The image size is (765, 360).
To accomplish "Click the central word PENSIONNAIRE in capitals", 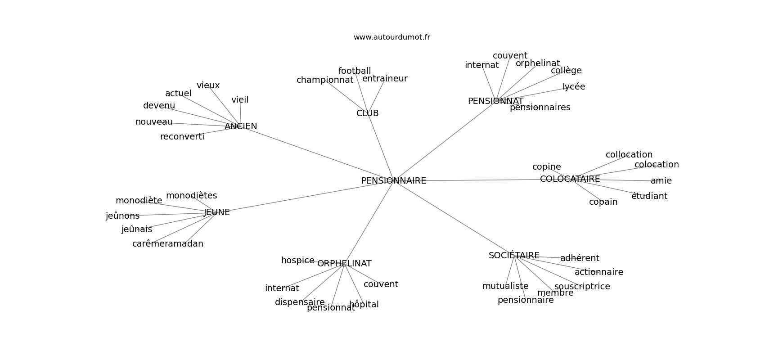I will click(x=393, y=181).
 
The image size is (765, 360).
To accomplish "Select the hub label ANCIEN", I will click(x=241, y=126).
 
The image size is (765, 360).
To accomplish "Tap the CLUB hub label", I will click(x=367, y=113).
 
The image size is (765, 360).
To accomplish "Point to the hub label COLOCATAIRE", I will click(x=570, y=179).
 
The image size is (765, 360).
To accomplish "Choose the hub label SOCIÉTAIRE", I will click(x=514, y=256).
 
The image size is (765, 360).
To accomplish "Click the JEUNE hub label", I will click(x=216, y=212).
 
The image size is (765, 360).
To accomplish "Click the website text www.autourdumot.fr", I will click(x=391, y=37).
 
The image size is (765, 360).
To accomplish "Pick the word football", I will click(x=355, y=71).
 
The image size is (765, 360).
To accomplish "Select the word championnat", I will click(x=324, y=80).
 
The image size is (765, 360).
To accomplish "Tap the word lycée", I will click(x=573, y=87).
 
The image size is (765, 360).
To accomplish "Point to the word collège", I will click(x=566, y=71).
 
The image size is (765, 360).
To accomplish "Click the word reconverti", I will click(x=182, y=137).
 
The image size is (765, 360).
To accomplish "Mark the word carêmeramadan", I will click(x=167, y=244).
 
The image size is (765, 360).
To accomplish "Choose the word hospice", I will click(x=297, y=261).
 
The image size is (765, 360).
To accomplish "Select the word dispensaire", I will click(x=300, y=302).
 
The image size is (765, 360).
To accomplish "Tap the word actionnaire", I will click(x=598, y=272).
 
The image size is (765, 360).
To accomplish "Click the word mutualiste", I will click(x=505, y=286).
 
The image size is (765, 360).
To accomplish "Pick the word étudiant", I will click(x=649, y=196).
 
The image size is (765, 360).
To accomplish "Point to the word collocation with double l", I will click(x=629, y=155).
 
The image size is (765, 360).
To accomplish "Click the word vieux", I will click(x=208, y=85).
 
